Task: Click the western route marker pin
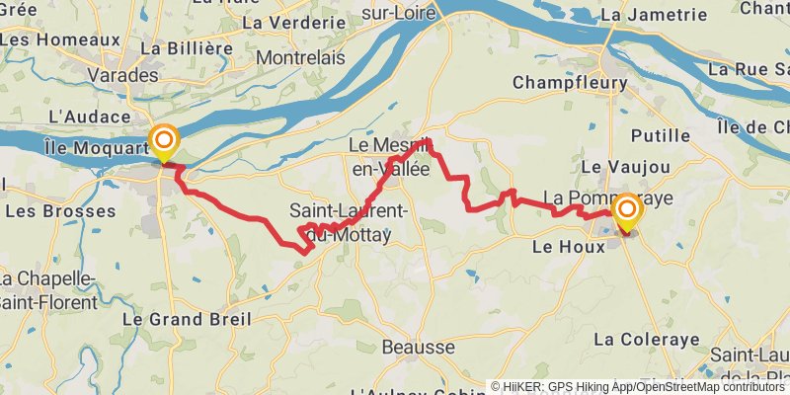[x=163, y=142]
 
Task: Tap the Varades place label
[x=123, y=74]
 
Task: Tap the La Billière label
[x=180, y=47]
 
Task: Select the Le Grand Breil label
[x=186, y=319]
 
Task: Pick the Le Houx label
[x=568, y=247]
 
